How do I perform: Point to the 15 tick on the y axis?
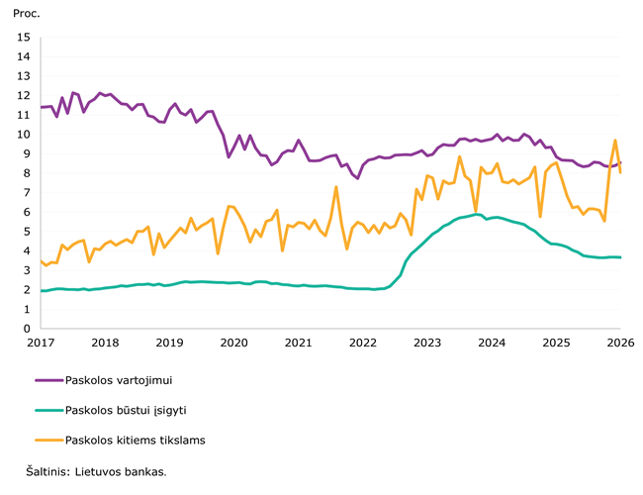pos(25,38)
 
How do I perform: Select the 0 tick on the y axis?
pos(28,329)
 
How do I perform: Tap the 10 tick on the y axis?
pos(25,135)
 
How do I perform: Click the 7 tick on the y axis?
pos(28,193)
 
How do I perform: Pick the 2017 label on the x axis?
pos(41,343)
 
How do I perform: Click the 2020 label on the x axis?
pos(233,343)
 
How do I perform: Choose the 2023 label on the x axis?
pos(427,343)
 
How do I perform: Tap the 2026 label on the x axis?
pos(620,343)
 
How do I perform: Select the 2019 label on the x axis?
pos(169,343)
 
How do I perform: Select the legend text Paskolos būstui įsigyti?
pos(127,410)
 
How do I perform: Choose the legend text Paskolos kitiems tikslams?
pos(135,441)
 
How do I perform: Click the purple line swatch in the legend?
pos(48,379)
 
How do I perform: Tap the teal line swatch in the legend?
pos(48,410)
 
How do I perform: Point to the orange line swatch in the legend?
pos(48,441)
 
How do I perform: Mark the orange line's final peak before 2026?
pos(615,141)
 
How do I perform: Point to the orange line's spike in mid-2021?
pos(336,187)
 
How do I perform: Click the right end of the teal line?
pos(620,257)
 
